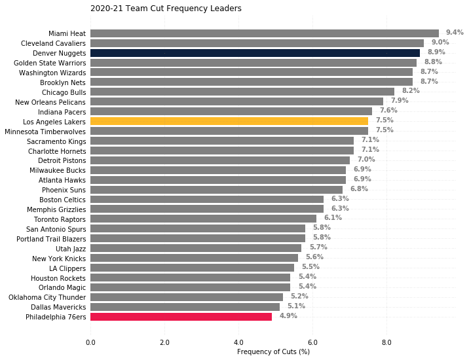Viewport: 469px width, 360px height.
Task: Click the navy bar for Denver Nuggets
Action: pos(255,53)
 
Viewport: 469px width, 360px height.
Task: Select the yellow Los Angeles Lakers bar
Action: pos(229,121)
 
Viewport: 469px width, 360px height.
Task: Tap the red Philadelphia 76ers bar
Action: pos(181,317)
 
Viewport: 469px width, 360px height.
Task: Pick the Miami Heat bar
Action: pos(265,33)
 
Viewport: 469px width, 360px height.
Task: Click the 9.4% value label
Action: pos(455,32)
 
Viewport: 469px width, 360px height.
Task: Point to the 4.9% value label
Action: pos(288,315)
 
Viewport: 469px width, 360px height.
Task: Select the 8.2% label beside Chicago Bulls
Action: pos(411,90)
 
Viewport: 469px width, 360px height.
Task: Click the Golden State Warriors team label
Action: pos(50,63)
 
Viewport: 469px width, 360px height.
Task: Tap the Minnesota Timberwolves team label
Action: pos(45,132)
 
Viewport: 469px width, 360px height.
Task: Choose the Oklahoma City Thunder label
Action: pos(47,297)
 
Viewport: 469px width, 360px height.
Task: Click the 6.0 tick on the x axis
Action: pos(312,342)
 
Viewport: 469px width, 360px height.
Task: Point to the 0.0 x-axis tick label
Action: pos(90,342)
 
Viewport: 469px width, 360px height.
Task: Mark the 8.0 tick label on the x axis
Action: pos(386,342)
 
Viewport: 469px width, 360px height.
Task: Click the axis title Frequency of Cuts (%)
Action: pos(273,351)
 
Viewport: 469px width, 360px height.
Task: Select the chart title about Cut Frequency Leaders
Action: pos(166,9)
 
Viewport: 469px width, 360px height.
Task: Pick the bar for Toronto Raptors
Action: pos(204,219)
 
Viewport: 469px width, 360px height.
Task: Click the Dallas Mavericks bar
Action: pos(185,307)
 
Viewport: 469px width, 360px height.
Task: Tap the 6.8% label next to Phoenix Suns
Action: pos(359,189)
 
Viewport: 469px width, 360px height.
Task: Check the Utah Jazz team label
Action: pos(71,249)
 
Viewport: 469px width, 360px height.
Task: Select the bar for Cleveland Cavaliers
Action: pos(257,43)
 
